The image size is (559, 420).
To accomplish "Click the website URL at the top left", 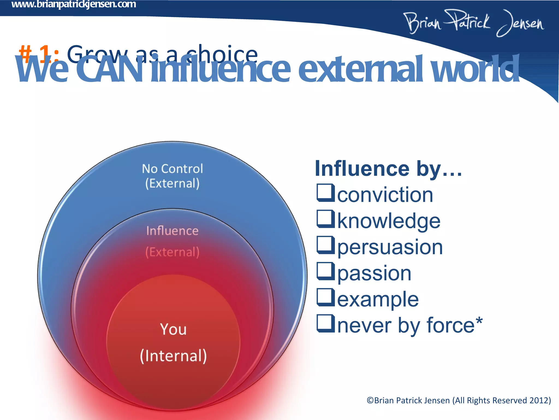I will click(74, 4).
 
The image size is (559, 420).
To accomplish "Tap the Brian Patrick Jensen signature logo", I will click(474, 23).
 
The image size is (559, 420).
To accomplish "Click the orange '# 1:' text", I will click(38, 54).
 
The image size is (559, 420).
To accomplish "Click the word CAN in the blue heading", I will click(109, 70).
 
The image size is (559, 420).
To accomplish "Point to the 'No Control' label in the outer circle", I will click(172, 169).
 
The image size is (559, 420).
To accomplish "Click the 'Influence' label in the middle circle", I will click(172, 231).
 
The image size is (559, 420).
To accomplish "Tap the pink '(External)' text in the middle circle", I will click(172, 252).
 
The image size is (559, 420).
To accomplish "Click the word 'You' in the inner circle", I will click(173, 329).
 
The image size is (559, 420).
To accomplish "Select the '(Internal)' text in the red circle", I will click(173, 356).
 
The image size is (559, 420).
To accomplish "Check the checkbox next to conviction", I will click(326, 193).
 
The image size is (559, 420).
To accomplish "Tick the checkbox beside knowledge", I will click(326, 219).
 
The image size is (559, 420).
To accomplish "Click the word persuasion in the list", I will click(390, 247).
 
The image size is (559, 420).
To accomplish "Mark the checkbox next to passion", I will click(326, 271).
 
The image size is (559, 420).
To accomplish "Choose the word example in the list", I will click(378, 299).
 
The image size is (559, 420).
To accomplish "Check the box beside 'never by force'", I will click(326, 323).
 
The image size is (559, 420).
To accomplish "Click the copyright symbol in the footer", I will click(370, 401).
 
